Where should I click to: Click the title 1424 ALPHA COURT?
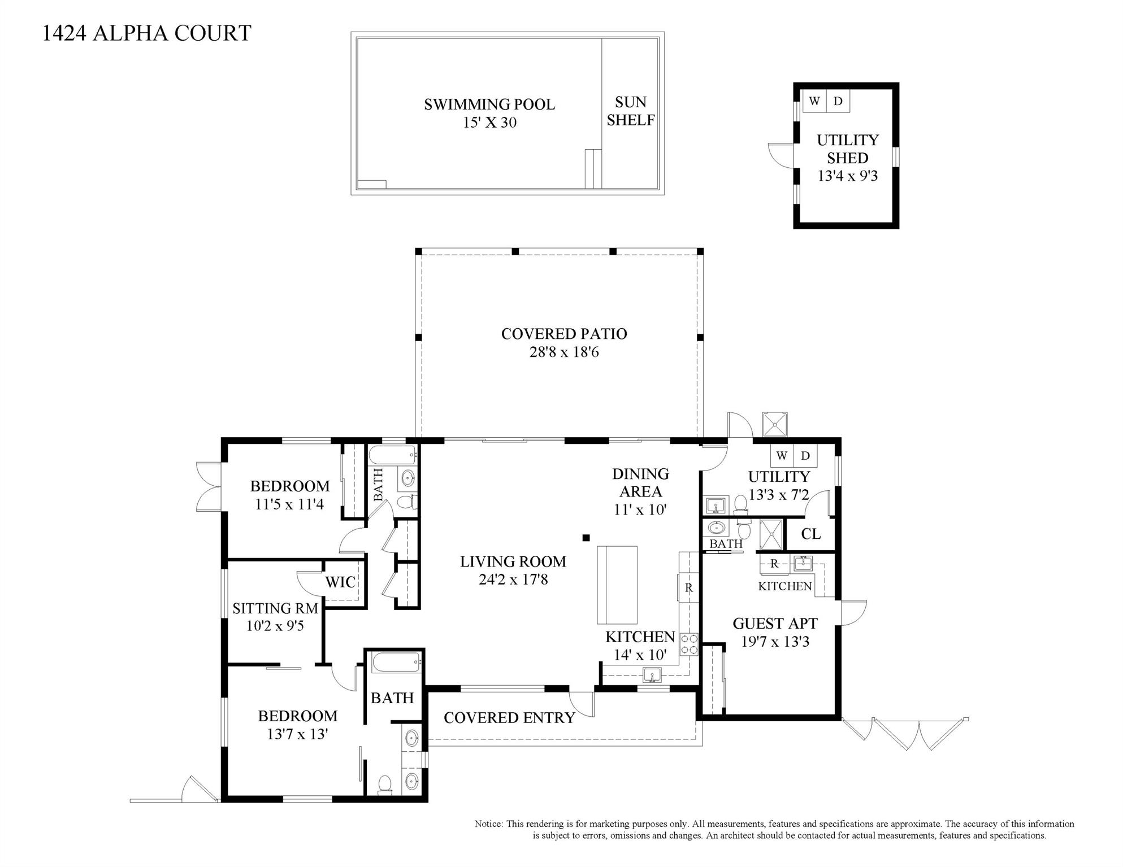tap(147, 33)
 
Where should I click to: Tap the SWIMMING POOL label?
tap(489, 104)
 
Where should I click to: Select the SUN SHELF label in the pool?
tap(631, 111)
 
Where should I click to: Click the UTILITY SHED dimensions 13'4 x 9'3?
tap(848, 176)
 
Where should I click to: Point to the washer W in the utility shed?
tap(814, 101)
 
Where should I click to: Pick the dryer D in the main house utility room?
tap(806, 455)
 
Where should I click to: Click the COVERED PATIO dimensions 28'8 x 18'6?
tap(564, 352)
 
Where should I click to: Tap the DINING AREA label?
tap(640, 482)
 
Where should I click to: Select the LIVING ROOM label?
tap(513, 561)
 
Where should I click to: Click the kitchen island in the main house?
tap(618, 584)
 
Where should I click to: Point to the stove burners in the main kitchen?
tap(689, 644)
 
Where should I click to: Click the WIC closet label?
tap(340, 582)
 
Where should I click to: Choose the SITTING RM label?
tap(275, 608)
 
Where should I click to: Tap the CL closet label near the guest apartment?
tap(811, 534)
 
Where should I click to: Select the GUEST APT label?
tap(775, 624)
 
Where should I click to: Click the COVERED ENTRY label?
tap(509, 718)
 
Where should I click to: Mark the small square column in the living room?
tap(586, 538)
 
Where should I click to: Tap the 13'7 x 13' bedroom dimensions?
tap(298, 734)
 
